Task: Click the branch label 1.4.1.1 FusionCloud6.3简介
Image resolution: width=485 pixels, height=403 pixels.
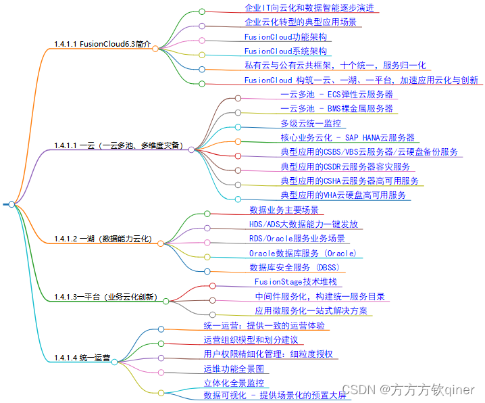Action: [x=102, y=45]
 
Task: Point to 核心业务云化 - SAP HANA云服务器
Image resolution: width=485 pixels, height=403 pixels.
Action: [x=347, y=138]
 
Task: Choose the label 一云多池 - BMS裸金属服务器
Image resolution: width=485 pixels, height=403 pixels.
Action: [x=336, y=109]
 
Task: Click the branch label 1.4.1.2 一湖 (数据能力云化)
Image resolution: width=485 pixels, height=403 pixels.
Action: [x=103, y=239]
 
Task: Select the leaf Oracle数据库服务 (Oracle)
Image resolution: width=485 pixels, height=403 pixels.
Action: [x=302, y=254]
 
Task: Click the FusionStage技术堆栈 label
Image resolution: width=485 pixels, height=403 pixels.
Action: [x=296, y=282]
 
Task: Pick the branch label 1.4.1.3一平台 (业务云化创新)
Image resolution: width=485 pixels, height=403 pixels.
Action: [x=105, y=298]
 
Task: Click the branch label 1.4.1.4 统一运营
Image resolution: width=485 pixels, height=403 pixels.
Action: [x=82, y=357]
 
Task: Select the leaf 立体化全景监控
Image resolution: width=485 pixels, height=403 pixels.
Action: [x=234, y=383]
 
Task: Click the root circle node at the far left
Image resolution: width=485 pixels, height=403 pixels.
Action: [x=11, y=204]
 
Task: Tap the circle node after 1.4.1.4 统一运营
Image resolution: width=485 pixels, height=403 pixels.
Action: [x=115, y=362]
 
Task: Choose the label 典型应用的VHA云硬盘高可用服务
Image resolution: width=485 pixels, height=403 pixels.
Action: [x=344, y=195]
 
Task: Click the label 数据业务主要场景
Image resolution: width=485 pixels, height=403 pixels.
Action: [x=284, y=210]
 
